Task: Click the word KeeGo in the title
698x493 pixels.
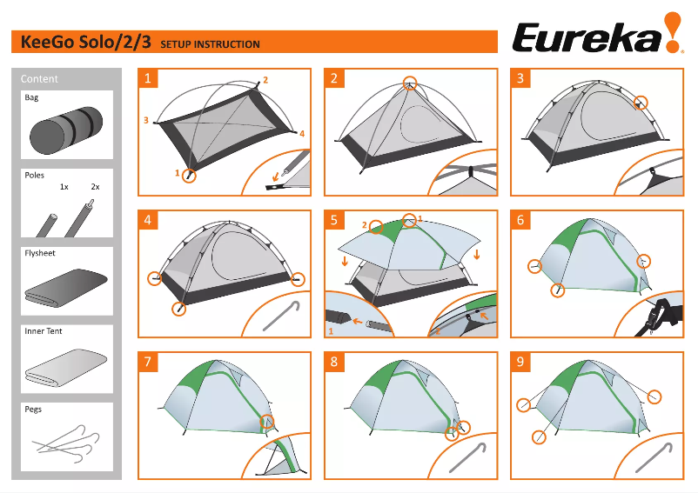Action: (x=48, y=42)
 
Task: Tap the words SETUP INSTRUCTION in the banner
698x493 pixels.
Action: (x=210, y=44)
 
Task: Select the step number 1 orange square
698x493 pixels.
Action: (x=148, y=78)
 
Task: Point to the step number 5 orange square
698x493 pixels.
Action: (x=334, y=220)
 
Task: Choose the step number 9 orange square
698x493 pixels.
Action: (x=520, y=362)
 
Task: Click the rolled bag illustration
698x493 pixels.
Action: (x=66, y=130)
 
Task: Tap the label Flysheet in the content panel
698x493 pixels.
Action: (x=40, y=253)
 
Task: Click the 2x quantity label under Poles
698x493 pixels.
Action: (x=95, y=187)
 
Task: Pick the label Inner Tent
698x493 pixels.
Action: (x=44, y=331)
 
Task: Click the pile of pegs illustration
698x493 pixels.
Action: (x=66, y=443)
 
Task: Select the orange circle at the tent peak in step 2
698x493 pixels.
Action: (x=410, y=83)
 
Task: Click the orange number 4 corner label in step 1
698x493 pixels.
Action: (x=302, y=133)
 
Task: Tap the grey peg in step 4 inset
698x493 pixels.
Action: (x=281, y=316)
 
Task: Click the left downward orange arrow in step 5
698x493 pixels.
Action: (x=345, y=260)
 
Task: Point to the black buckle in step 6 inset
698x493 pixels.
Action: (x=658, y=311)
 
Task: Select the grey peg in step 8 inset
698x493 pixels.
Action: (x=467, y=457)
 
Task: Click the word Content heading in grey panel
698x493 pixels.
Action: (x=39, y=78)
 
